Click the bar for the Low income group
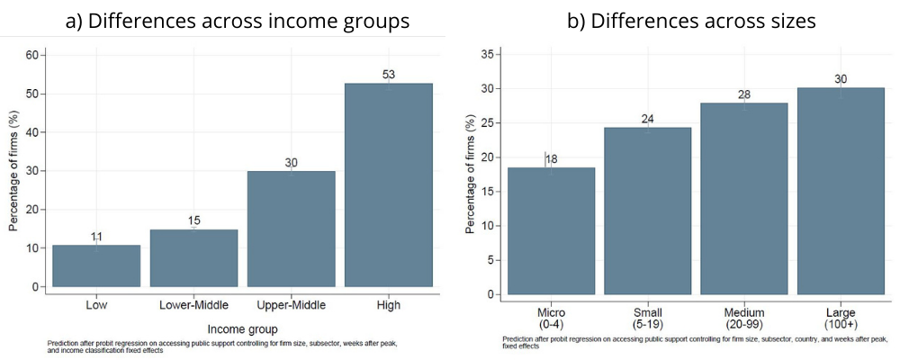96,265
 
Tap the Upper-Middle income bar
291,229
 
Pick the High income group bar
389,184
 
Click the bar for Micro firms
551,230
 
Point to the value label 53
389,75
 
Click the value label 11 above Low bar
96,237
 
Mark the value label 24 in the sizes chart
647,119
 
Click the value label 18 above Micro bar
551,158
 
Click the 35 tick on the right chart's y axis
490,54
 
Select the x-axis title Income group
242,328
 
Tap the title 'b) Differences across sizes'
690,19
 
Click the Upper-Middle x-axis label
291,306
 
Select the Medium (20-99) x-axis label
743,317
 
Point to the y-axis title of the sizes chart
469,174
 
